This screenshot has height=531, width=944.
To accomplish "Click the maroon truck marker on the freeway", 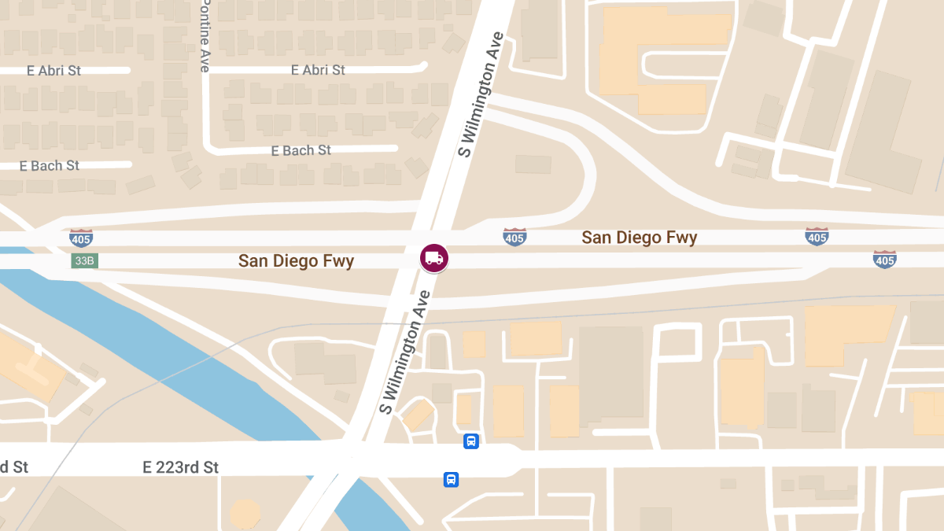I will coord(433,258).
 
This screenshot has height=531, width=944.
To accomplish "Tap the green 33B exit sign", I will coord(85,260).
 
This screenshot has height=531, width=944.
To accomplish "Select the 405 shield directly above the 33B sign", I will coord(81,237).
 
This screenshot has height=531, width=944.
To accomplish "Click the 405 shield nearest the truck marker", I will coord(514,237).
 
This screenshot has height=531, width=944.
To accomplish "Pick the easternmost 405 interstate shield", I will coord(885,259).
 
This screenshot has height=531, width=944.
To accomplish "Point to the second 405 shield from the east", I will coord(817,236).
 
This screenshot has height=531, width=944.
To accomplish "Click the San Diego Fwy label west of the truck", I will coord(296,261).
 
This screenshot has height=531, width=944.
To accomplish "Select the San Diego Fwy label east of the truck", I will coord(639,238).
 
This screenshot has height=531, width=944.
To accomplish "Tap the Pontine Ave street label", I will coord(205,36).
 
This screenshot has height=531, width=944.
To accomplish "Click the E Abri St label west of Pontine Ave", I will coord(53,71).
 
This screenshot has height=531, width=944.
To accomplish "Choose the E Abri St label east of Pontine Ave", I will coord(318,70).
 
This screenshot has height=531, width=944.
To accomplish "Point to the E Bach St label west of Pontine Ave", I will coord(50,166).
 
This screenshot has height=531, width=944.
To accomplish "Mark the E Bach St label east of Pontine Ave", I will coord(301,150).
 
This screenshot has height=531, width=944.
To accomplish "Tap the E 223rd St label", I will coord(180,467).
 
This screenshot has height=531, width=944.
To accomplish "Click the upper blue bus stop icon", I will coord(470,441).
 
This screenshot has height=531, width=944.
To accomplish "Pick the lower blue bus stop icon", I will coord(451,479).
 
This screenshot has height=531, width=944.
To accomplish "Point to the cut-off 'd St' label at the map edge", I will coord(14,467).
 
